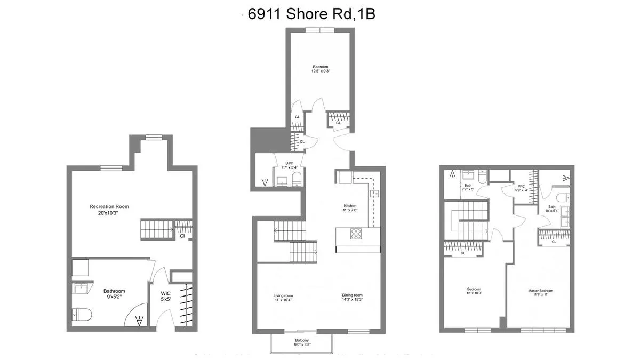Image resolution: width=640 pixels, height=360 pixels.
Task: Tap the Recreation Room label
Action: (x=109, y=206)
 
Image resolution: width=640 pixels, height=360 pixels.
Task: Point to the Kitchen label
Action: (x=350, y=206)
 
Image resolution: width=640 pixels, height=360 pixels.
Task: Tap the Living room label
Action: (x=283, y=295)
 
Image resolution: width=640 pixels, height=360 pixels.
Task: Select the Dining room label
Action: (x=352, y=295)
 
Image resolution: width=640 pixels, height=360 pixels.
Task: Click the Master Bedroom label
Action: (x=540, y=291)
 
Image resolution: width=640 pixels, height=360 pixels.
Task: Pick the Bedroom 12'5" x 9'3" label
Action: (x=321, y=67)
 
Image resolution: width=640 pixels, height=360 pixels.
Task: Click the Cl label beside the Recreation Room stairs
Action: (x=182, y=236)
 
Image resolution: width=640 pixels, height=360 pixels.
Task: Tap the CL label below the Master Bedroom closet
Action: (x=554, y=242)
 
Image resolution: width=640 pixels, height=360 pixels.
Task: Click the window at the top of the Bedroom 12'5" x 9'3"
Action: (x=320, y=30)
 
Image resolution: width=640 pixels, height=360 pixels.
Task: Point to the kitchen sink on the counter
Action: (x=375, y=193)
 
